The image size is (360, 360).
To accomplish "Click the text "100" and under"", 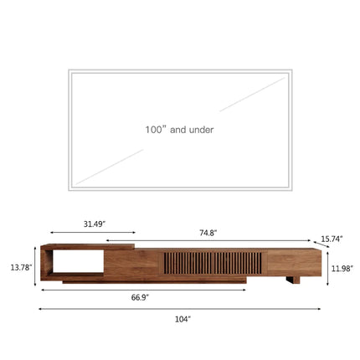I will [179, 130].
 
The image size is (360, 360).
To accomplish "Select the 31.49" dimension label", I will [94, 224].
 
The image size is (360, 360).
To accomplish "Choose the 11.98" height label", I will [342, 268].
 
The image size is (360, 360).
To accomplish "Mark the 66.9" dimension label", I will [140, 296].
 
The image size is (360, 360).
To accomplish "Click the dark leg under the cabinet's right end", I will [292, 280].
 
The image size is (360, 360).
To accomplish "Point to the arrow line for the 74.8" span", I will [209, 241].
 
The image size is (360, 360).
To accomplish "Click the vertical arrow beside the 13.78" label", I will [34, 266].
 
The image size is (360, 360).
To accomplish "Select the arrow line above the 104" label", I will [179, 308].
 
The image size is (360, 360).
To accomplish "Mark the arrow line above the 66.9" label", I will [143, 289].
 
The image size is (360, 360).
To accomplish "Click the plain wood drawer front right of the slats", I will [291, 262].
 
